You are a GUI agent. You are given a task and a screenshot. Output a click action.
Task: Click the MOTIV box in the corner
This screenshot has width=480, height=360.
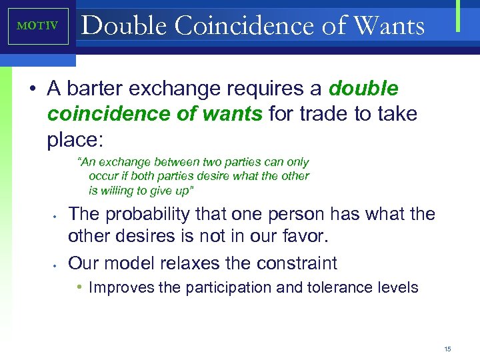(x=38, y=26)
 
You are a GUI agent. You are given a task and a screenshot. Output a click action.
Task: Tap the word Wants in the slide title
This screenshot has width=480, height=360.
(x=390, y=26)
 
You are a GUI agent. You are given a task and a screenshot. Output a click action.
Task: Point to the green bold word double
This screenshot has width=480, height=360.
(x=363, y=89)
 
